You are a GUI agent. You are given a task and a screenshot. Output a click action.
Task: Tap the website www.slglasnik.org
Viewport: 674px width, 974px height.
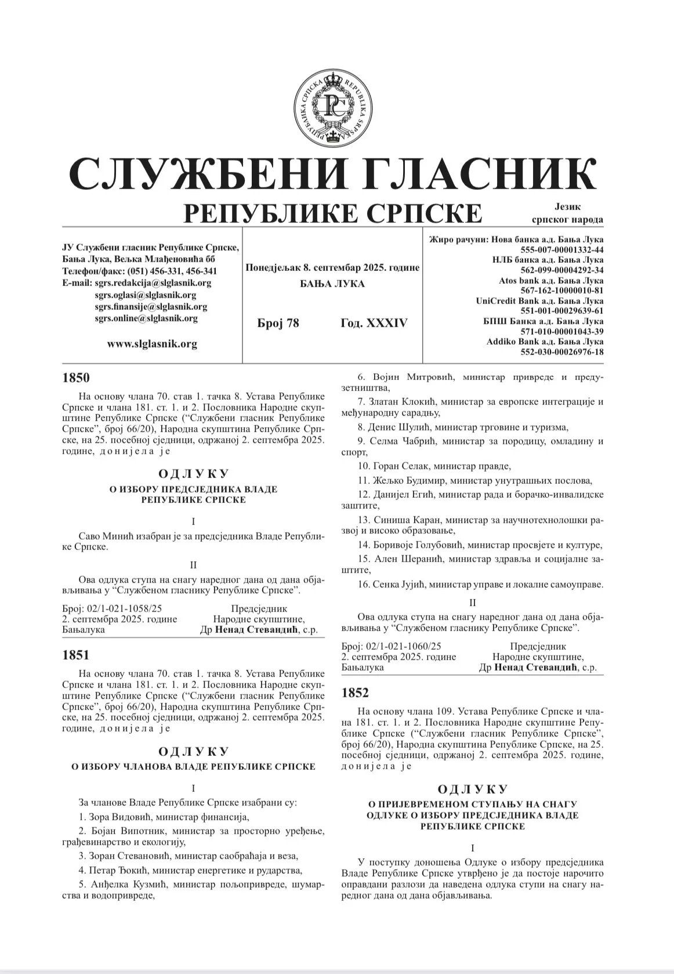(152, 344)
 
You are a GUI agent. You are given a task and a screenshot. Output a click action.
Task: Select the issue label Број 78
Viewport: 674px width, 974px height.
(278, 323)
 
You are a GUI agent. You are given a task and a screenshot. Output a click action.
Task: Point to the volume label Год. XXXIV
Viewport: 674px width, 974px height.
(374, 323)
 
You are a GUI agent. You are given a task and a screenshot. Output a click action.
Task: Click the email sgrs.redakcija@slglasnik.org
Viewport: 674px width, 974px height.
(153, 283)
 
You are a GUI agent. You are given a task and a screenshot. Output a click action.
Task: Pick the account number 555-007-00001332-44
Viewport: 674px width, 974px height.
(562, 249)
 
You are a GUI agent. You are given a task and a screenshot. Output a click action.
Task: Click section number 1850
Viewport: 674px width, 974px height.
(76, 378)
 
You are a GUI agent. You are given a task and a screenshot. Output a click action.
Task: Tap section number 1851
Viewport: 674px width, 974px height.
(76, 656)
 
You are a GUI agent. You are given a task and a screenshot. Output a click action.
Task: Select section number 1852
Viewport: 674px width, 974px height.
(355, 693)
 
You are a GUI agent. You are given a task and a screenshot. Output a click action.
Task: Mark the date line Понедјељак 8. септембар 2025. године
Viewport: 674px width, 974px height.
(332, 268)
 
